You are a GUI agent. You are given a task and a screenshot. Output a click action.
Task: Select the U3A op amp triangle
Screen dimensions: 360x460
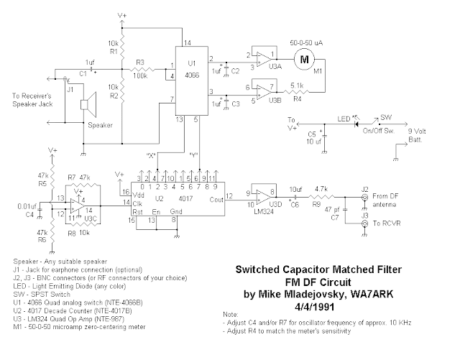[x=264, y=57]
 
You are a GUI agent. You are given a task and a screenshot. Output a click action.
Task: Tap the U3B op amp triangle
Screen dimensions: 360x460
[x=264, y=92]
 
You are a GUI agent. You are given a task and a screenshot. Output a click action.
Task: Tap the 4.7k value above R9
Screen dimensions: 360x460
[x=323, y=187]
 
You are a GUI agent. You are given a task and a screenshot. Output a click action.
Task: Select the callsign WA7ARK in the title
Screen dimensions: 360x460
[x=372, y=294]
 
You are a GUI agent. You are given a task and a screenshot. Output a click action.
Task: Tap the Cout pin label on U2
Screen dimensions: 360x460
[x=214, y=199]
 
